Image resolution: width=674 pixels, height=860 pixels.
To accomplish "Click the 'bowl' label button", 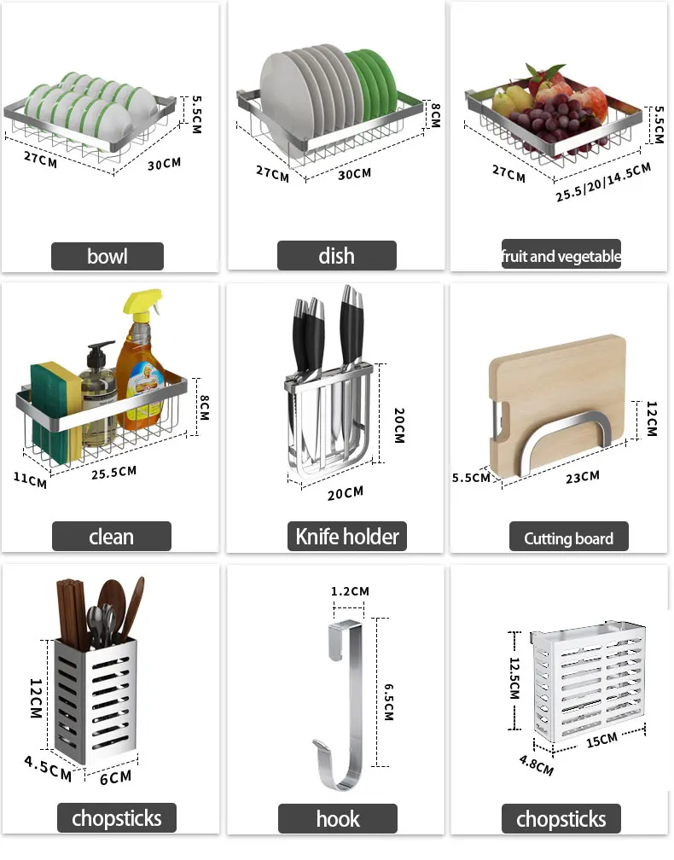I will (x=107, y=256).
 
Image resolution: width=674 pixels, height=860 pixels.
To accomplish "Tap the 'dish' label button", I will (x=336, y=256).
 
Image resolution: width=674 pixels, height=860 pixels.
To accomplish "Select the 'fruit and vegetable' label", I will (x=561, y=256).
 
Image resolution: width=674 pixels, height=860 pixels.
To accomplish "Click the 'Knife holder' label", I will (x=346, y=537).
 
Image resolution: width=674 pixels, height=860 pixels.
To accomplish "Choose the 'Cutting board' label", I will (x=568, y=538).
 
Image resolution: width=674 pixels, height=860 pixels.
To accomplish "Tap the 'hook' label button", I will (x=338, y=819).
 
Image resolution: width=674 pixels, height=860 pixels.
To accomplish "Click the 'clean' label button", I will (x=111, y=537).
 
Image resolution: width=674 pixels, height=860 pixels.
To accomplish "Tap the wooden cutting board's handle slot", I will (x=502, y=417).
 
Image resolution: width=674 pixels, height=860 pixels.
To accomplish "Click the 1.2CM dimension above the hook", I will (x=350, y=591).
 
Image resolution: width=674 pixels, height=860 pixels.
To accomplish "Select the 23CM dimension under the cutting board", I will (x=582, y=477).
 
